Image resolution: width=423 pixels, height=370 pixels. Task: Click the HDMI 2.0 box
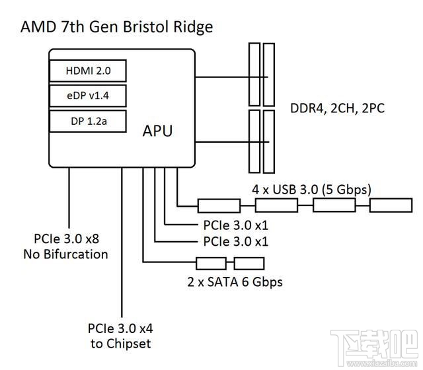[87, 71]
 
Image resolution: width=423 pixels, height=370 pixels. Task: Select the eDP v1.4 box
[87, 96]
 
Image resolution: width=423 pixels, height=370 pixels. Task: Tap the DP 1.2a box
[87, 121]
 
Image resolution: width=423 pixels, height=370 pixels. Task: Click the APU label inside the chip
[157, 131]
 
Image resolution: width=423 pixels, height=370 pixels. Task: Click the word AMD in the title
[38, 27]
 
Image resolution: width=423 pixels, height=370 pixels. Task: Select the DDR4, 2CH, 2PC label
[337, 107]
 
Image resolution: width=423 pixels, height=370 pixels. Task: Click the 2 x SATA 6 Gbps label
[235, 282]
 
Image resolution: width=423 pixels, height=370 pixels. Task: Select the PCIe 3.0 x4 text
[120, 328]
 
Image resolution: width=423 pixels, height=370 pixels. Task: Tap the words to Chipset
[120, 343]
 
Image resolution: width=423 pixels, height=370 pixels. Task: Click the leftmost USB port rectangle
[219, 205]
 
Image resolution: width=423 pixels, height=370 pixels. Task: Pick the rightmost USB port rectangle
[390, 205]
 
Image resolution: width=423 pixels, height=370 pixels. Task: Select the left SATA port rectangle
[211, 264]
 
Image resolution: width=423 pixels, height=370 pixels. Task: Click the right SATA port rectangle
[249, 264]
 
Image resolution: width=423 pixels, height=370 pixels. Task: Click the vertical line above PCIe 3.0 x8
[69, 198]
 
